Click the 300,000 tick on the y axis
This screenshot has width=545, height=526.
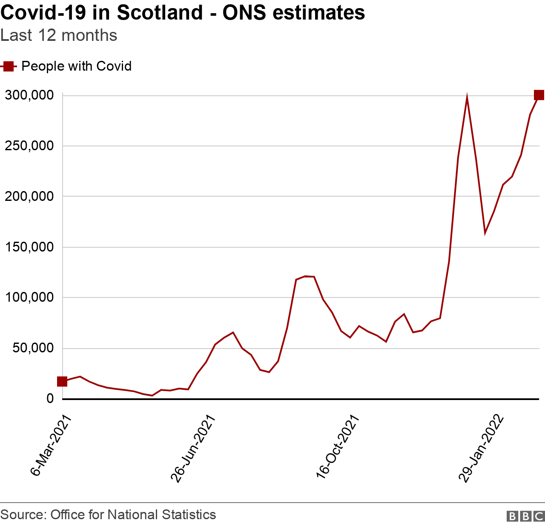29,95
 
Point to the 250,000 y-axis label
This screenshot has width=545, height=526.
29,146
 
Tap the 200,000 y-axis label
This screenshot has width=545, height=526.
29,197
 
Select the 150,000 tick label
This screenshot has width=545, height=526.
29,247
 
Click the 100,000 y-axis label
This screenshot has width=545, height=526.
29,297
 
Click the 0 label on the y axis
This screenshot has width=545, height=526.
50,399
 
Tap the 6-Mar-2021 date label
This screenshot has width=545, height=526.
50,445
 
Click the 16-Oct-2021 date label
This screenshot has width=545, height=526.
338,447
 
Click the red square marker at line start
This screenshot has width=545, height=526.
62,381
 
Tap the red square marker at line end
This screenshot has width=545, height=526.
539,95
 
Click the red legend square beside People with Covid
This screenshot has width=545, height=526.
8,66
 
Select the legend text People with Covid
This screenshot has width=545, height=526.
76,66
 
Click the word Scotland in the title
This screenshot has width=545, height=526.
160,13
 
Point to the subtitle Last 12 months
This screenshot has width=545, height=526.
59,35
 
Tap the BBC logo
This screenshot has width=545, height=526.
525,516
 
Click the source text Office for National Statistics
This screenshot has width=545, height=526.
133,515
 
